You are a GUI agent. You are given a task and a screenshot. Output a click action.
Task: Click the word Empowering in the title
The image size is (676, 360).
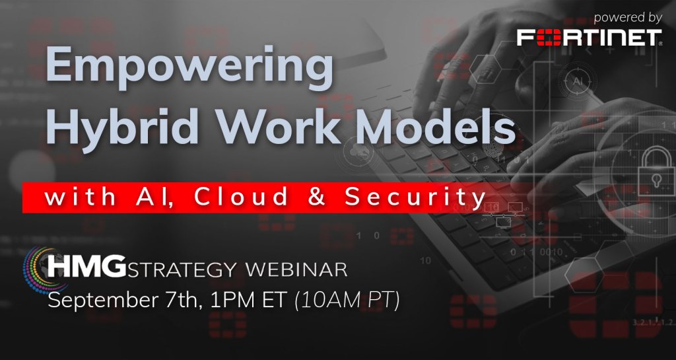coord(189,67)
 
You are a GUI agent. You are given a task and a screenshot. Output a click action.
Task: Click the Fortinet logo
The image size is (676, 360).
coord(590,38)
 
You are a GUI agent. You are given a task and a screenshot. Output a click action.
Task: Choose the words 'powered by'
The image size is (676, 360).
coord(627,18)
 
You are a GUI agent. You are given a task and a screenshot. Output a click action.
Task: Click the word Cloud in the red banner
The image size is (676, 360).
coord(241,197)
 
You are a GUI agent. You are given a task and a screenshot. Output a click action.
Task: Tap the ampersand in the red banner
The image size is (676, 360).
coord(317,198)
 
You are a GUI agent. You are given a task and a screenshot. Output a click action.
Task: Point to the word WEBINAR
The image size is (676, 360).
coord(296,270)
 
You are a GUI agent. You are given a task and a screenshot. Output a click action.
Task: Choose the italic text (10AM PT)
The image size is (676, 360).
coord(347,301)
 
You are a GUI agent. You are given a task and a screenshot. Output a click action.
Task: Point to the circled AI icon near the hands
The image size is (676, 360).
coord(577,81)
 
